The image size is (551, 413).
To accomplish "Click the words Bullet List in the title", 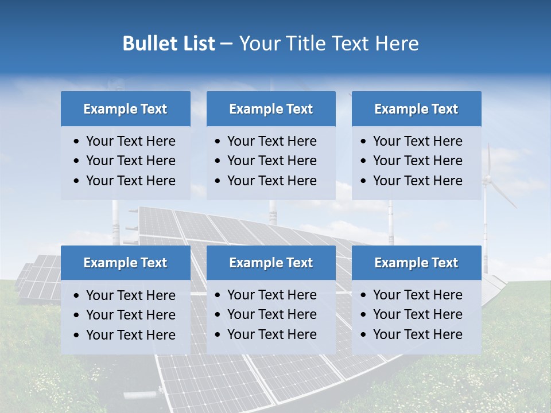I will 168,44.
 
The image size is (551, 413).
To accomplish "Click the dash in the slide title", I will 227,44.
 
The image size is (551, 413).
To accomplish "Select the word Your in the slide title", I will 257,44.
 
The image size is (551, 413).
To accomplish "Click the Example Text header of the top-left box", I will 125,109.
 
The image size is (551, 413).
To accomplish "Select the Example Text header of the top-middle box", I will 271,109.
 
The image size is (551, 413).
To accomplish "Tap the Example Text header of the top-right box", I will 416,109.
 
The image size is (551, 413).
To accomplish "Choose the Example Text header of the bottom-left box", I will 125,263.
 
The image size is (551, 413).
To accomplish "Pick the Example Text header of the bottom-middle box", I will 271,263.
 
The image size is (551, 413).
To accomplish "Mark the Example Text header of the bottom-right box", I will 416,263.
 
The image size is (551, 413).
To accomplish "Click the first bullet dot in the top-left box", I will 77,142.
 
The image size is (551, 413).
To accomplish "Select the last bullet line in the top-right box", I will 417,181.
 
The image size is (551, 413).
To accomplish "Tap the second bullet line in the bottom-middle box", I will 271,314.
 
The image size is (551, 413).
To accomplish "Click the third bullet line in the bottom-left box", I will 130,335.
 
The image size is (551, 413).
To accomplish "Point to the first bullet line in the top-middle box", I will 271,141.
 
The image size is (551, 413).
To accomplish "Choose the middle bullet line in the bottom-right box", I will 417,314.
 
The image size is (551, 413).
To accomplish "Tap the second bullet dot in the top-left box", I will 77,161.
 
